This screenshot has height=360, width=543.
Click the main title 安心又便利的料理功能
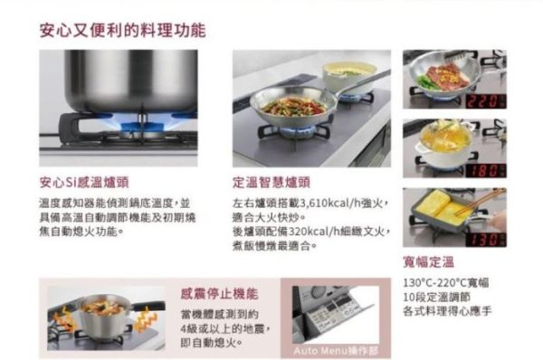pyautogui.click(x=122, y=30)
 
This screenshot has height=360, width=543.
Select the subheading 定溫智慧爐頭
pyautogui.click(x=271, y=181)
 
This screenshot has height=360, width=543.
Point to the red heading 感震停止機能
pyautogui.click(x=219, y=294)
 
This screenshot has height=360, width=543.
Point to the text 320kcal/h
pyautogui.click(x=312, y=231)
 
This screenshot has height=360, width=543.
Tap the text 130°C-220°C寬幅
pyautogui.click(x=446, y=282)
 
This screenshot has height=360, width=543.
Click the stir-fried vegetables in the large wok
pyautogui.click(x=291, y=106)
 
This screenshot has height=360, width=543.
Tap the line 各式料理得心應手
pyautogui.click(x=448, y=311)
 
